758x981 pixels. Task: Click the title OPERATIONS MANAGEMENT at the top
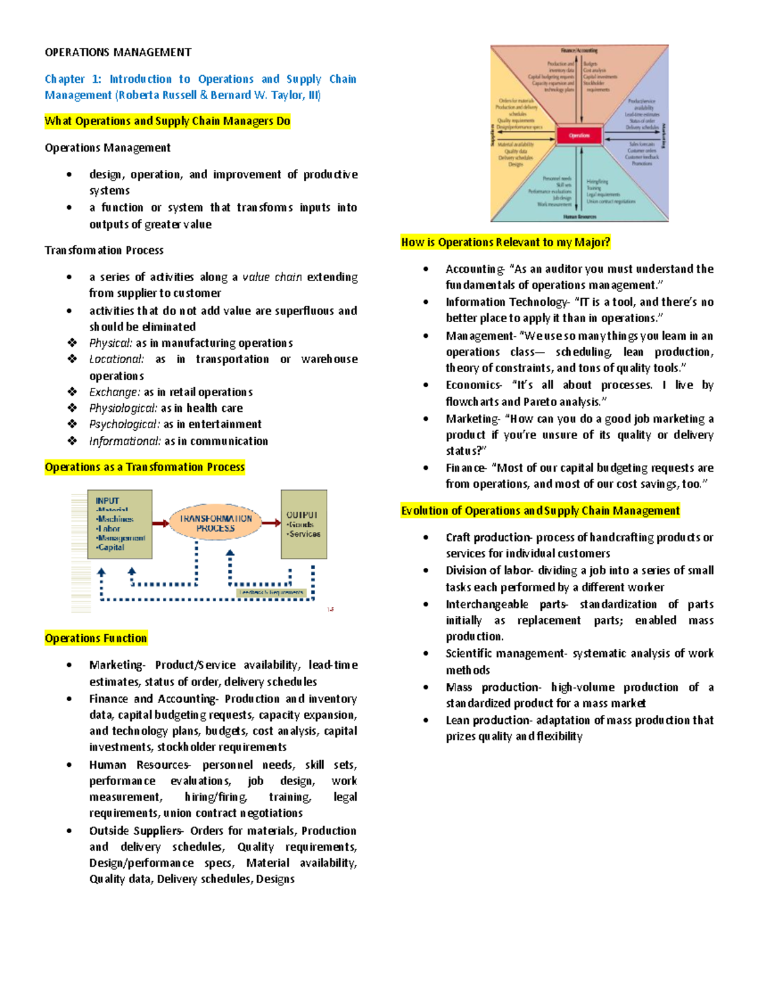117,52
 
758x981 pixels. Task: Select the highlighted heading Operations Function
95,638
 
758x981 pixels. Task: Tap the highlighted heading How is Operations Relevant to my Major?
505,242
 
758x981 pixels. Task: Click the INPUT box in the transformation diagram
120,524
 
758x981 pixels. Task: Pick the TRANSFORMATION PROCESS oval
215,523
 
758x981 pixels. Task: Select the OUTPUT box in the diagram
304,524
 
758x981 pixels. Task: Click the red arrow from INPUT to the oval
161,523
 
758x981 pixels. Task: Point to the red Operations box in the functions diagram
579,135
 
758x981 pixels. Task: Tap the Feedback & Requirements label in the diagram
272,593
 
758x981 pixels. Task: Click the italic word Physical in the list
110,343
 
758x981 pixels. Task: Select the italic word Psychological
123,424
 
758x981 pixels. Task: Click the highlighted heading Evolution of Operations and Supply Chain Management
540,510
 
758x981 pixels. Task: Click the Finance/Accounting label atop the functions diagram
579,50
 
